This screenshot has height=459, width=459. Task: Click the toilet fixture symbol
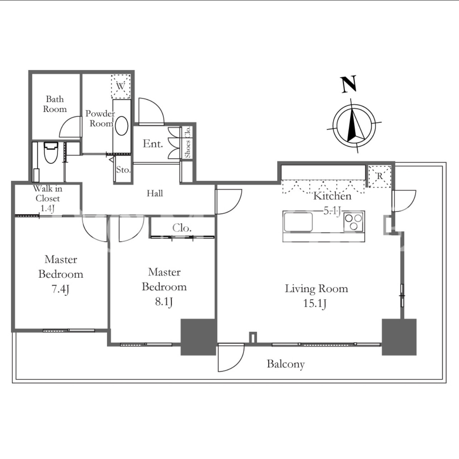(x=51, y=152)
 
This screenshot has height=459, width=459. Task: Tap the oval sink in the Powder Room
(x=121, y=126)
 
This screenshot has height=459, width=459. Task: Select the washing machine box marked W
(x=121, y=86)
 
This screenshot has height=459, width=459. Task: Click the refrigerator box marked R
(x=380, y=176)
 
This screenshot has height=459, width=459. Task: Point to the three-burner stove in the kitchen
(x=354, y=222)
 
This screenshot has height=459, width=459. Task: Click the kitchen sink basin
(x=298, y=222)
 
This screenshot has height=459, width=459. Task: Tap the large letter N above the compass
(x=349, y=84)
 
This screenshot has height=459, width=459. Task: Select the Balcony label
(x=285, y=364)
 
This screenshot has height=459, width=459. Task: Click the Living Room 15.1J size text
(x=314, y=304)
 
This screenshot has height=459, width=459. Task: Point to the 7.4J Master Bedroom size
(x=60, y=289)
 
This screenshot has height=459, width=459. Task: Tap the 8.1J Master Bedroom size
(x=164, y=302)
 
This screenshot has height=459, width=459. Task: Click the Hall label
(x=155, y=193)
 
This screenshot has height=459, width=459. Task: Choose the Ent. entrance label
(x=153, y=144)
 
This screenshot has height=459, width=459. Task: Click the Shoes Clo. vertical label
(x=188, y=142)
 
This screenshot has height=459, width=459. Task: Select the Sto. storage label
(x=123, y=170)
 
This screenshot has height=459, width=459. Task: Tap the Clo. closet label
(x=182, y=228)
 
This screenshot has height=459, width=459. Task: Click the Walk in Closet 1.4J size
(x=48, y=208)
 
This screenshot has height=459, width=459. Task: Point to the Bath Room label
(x=55, y=104)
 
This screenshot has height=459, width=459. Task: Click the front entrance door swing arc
(x=156, y=104)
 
